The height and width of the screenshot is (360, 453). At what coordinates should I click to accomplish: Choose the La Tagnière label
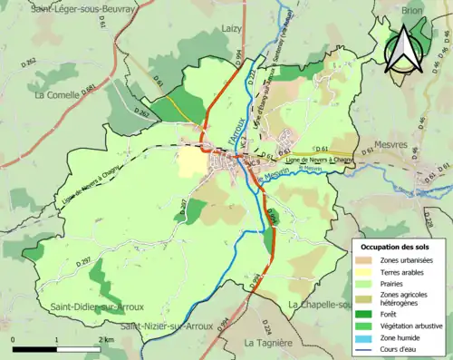point(267,343)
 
